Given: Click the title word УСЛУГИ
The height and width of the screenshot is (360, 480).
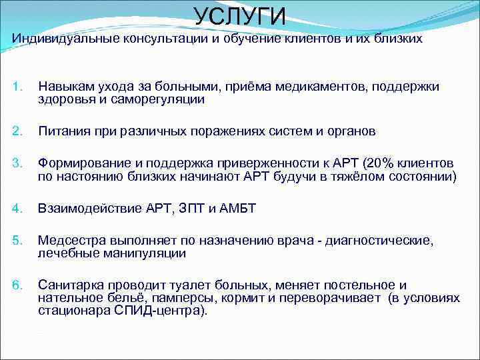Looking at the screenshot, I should (240, 16).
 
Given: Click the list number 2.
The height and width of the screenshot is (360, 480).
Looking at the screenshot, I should (18, 131).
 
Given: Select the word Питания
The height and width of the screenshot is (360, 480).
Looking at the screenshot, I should (63, 131).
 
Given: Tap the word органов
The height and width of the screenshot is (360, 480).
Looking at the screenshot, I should (349, 131).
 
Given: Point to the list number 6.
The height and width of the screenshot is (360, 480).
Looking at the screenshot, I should (18, 285).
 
